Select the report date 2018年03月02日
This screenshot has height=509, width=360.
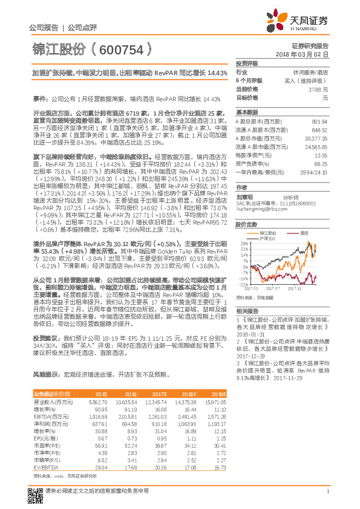click(306, 54)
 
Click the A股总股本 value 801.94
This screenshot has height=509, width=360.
click(319, 121)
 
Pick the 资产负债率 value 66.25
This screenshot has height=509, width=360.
click(321, 163)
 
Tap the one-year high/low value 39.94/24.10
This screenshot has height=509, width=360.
click(314, 172)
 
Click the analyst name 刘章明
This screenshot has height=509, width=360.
click(244, 196)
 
